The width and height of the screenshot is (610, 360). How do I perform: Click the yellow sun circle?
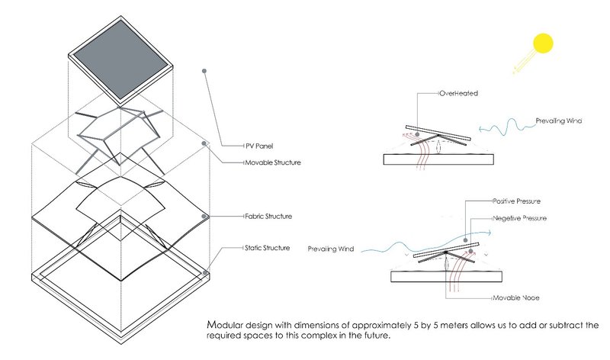tap(542, 43)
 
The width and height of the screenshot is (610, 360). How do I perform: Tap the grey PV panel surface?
tap(120, 55)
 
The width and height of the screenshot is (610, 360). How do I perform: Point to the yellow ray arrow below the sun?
tap(521, 67)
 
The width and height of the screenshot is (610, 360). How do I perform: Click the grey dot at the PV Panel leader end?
tap(204, 72)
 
